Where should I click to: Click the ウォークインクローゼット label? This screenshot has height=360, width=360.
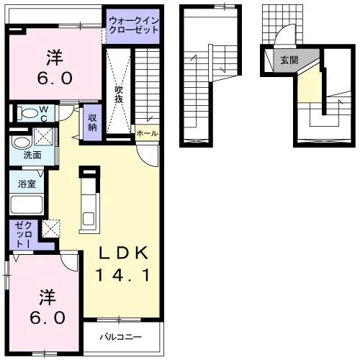tap(134, 25)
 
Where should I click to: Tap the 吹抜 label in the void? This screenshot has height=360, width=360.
tap(119, 94)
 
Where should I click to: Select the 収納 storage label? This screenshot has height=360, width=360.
tap(92, 122)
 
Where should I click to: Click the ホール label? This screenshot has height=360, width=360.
tap(147, 133)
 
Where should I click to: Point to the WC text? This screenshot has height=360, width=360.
tap(44, 114)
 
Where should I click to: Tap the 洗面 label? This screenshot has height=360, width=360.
tap(32, 155)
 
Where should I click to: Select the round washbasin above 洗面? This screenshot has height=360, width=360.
tap(22, 143)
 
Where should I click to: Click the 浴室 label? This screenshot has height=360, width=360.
tap(27, 184)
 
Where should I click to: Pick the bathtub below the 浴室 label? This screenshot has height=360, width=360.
tap(27, 204)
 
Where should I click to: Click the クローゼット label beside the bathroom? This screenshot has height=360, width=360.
tap(23, 235)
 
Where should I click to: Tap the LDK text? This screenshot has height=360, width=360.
tap(124, 253)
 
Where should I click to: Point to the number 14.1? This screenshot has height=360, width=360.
tap(122, 275)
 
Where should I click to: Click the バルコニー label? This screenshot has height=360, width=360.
tap(121, 337)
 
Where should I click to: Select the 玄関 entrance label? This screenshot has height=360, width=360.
tap(289, 60)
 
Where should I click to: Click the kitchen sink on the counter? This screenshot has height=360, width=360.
tap(89, 218)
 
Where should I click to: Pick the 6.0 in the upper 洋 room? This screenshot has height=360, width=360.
tap(55, 78)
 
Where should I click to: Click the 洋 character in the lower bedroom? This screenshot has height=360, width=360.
tap(48, 297)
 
